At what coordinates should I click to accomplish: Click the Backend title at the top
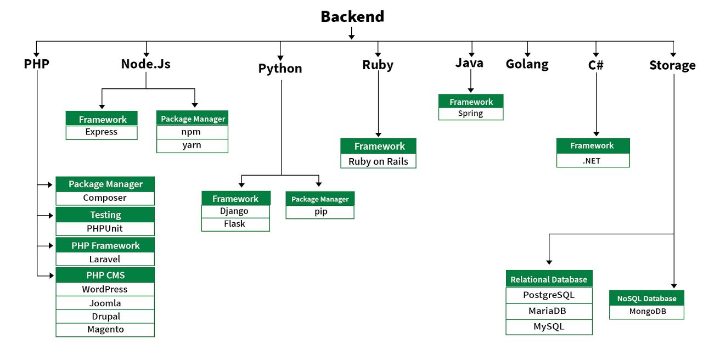pyautogui.click(x=352, y=16)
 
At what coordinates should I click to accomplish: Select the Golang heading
pyautogui.click(x=527, y=64)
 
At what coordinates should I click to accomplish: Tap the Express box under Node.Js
pyautogui.click(x=102, y=132)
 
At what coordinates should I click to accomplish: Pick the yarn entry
pyautogui.click(x=192, y=145)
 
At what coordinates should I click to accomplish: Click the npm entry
pyautogui.click(x=192, y=132)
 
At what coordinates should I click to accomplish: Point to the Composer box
pyautogui.click(x=105, y=198)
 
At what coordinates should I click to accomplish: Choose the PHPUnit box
pyautogui.click(x=105, y=228)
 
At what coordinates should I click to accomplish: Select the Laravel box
pyautogui.click(x=105, y=259)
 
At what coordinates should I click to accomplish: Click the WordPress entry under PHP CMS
pyautogui.click(x=105, y=289)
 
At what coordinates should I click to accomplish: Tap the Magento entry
pyautogui.click(x=105, y=329)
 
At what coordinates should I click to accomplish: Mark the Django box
pyautogui.click(x=235, y=211)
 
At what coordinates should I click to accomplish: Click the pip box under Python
pyautogui.click(x=320, y=212)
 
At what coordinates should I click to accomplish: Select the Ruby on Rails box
pyautogui.click(x=378, y=161)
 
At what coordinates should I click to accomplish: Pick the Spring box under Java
pyautogui.click(x=470, y=114)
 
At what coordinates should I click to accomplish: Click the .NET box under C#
pyautogui.click(x=593, y=160)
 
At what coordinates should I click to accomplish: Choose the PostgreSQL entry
pyautogui.click(x=549, y=295)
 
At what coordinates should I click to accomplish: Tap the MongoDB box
pyautogui.click(x=646, y=312)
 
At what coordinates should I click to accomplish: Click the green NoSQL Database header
pyautogui.click(x=646, y=299)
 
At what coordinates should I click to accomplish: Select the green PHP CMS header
pyautogui.click(x=105, y=275)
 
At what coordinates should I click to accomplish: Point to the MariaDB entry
pyautogui.click(x=549, y=311)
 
